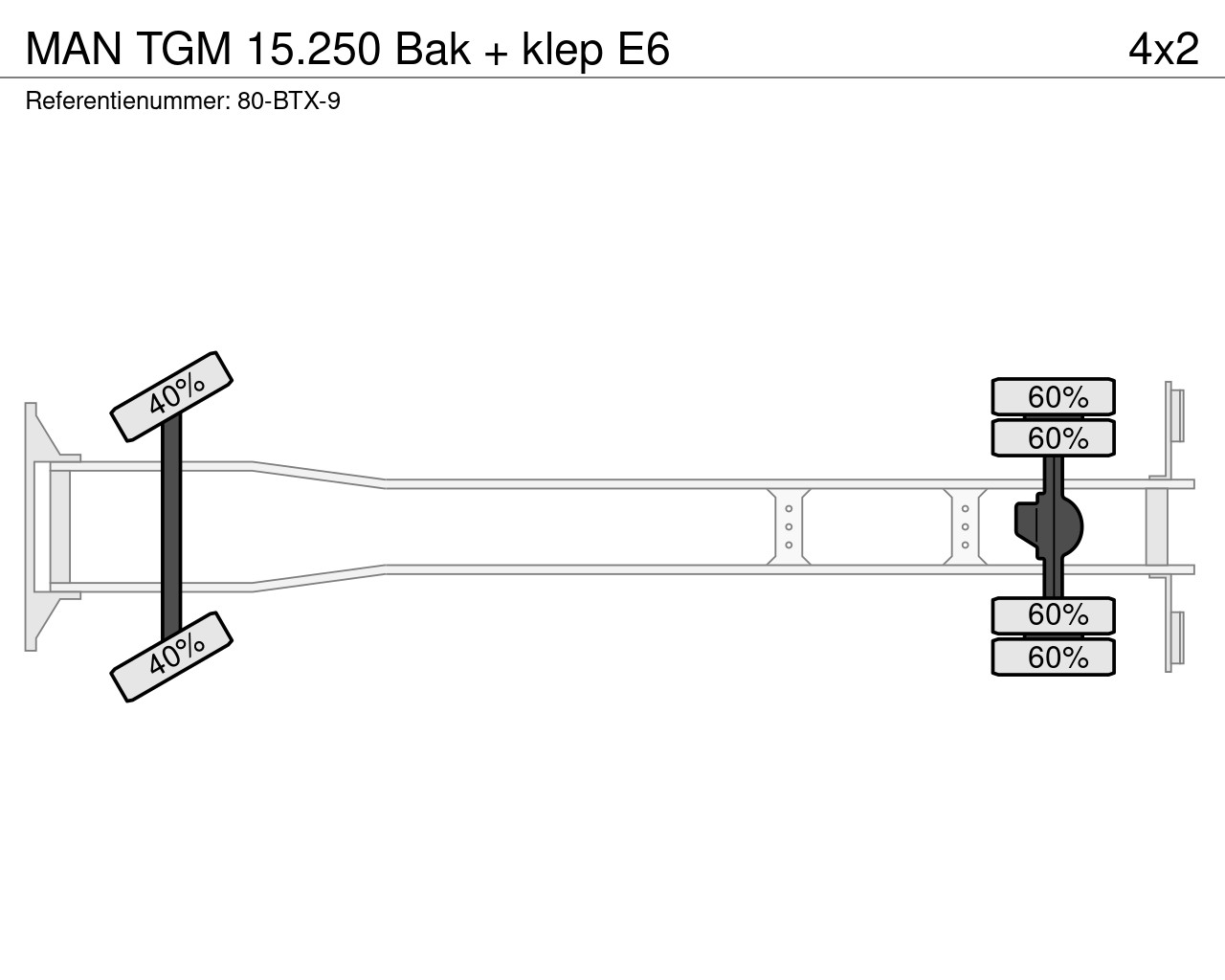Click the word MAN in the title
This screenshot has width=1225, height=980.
tap(74, 49)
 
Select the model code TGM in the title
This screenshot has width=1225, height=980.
tap(185, 49)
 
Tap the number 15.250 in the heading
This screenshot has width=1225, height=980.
tap(314, 49)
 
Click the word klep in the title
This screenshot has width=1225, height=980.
tap(563, 52)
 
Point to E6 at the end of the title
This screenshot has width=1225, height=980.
tap(644, 49)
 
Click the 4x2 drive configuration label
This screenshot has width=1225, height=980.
tap(1164, 49)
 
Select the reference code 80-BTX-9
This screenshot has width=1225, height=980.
tap(289, 101)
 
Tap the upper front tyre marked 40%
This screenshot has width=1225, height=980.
tap(171, 396)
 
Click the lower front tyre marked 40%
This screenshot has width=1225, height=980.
tap(171, 657)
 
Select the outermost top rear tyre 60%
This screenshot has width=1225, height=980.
tap(1053, 396)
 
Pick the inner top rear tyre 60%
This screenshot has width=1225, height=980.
tap(1053, 438)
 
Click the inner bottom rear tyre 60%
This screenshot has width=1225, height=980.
tap(1053, 615)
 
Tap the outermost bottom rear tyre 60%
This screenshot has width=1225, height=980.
tap(1053, 657)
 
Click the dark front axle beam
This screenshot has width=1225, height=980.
tap(171, 526)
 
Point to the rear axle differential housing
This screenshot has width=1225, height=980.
tap(1050, 526)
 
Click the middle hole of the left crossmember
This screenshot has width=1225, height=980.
tap(789, 526)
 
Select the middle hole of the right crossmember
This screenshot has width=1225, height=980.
tap(966, 526)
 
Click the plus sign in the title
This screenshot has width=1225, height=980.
tap(497, 52)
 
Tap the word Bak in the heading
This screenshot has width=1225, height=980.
tap(433, 49)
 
